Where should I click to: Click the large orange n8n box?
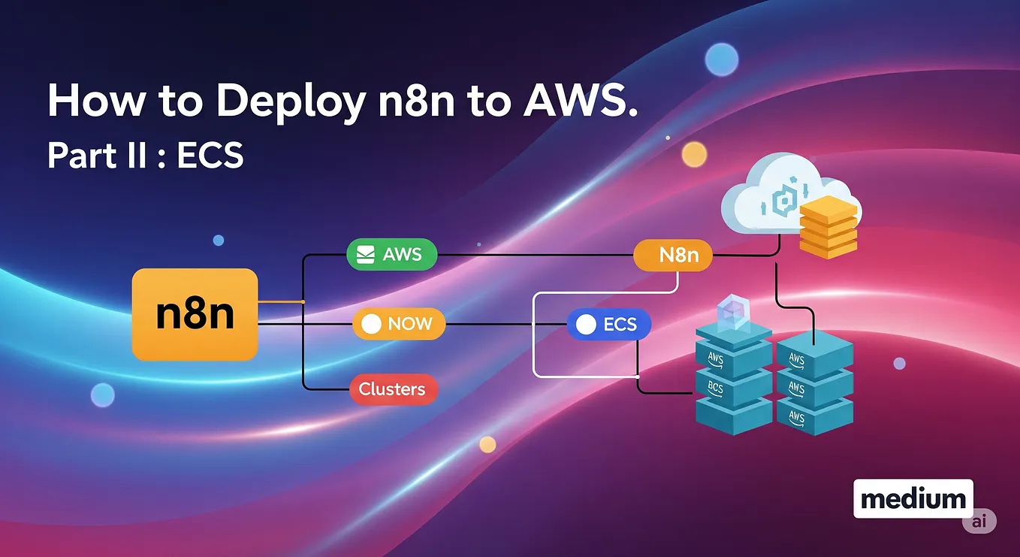click(195, 315)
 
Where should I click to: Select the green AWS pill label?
click(391, 255)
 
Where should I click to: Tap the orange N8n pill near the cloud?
click(672, 255)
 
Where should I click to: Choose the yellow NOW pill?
click(399, 324)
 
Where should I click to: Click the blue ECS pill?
click(608, 324)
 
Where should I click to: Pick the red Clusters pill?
click(392, 389)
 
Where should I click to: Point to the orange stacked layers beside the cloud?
click(828, 226)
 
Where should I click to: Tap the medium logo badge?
click(913, 498)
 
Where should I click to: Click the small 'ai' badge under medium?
click(979, 521)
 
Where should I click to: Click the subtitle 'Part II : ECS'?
click(145, 155)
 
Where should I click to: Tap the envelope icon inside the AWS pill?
click(366, 255)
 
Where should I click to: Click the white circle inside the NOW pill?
click(372, 324)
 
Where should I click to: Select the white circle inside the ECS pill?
click(585, 324)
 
